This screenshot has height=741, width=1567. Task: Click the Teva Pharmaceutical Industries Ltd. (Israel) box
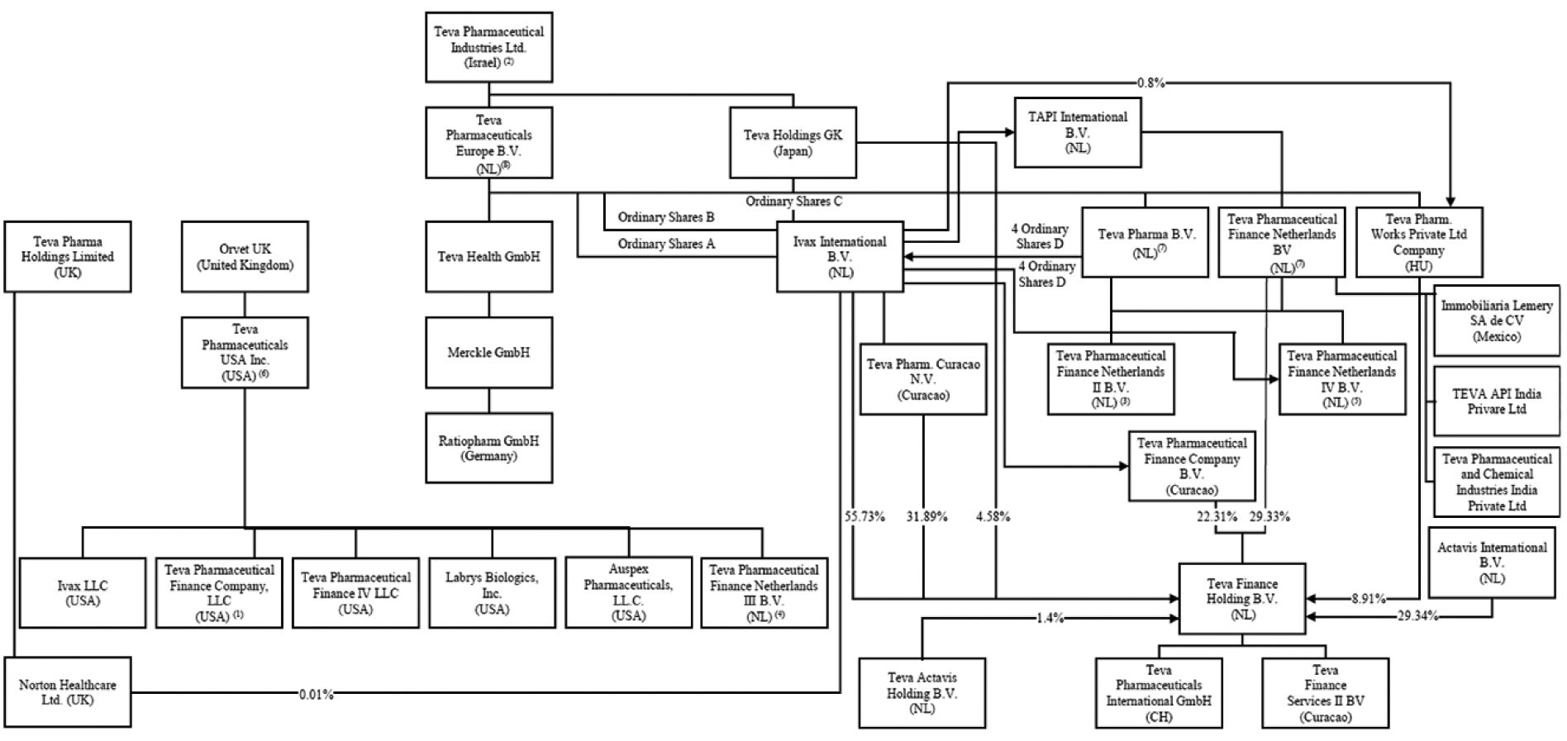[x=488, y=47]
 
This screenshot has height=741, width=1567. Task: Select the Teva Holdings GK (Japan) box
[x=793, y=142]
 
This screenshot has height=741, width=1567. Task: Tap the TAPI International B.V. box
[x=1078, y=132]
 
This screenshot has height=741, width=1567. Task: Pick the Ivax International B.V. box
[x=840, y=256]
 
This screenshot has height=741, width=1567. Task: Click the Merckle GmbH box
[x=488, y=352]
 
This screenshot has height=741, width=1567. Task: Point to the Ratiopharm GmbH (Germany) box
[x=488, y=448]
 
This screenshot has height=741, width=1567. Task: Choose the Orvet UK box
[x=245, y=256]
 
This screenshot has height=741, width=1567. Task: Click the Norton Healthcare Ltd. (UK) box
[x=67, y=692]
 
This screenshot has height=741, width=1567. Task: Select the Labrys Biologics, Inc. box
[x=492, y=592]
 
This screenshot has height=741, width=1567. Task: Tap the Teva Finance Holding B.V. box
[x=1242, y=599]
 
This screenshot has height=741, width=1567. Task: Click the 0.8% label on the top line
[x=1150, y=83]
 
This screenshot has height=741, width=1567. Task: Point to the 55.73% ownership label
[x=864, y=516]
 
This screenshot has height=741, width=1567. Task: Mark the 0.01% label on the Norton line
[x=317, y=695]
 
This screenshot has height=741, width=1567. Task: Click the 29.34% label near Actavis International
[x=1417, y=615]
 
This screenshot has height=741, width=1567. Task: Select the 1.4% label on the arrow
[x=1050, y=618]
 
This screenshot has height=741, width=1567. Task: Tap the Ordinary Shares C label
[x=793, y=201]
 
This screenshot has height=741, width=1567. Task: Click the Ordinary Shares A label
[x=666, y=244]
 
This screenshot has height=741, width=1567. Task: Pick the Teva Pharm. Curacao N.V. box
[x=923, y=379]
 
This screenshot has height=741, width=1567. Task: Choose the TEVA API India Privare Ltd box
[x=1497, y=401]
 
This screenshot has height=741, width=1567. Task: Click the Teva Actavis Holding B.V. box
[x=922, y=693]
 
